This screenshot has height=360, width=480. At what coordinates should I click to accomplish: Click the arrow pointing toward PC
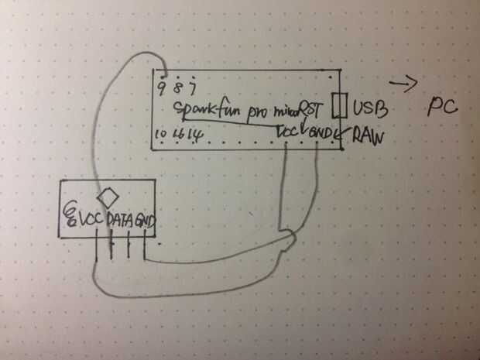tap(402, 83)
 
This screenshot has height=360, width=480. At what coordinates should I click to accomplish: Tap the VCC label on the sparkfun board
tap(288, 132)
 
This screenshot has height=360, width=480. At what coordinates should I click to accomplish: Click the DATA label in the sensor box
tap(121, 220)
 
